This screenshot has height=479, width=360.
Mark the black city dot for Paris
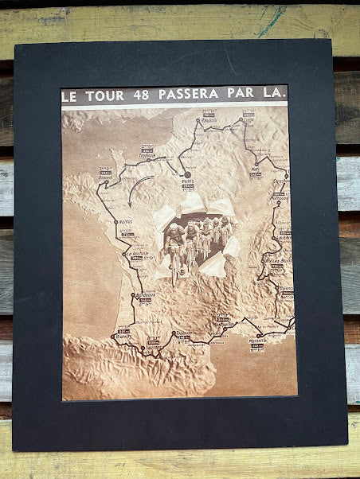pos(188,174)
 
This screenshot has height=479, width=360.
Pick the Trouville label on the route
pos(147,155)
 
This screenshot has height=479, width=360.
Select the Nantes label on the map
pos(123,222)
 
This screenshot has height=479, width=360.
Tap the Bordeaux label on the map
pos(145,294)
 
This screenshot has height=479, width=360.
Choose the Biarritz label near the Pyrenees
pos(123,336)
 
